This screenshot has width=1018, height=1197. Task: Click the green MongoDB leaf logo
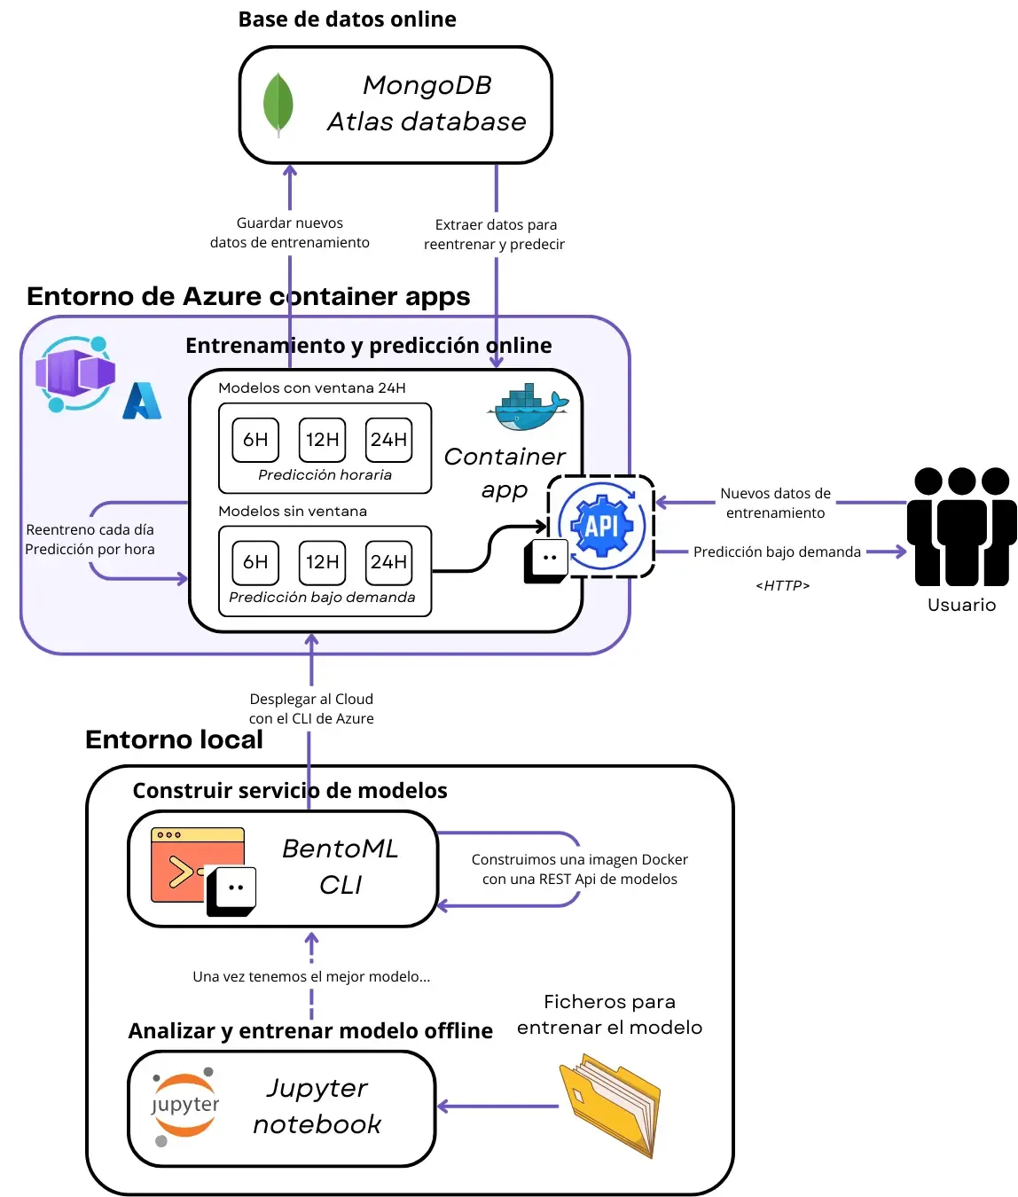[278, 105]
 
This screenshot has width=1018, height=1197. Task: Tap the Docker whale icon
[528, 408]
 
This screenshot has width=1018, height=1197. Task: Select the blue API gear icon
[602, 525]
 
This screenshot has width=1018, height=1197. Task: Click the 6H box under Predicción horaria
[255, 440]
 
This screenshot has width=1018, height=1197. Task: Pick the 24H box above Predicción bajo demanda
[389, 562]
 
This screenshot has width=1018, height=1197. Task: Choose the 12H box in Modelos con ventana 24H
[322, 440]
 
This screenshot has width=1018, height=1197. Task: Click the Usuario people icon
[961, 527]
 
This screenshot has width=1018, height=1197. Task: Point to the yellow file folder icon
[611, 1104]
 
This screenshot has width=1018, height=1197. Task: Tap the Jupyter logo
[184, 1106]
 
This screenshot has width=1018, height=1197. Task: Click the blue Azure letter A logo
[142, 401]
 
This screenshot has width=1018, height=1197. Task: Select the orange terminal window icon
[198, 865]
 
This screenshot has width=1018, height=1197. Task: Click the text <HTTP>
[782, 585]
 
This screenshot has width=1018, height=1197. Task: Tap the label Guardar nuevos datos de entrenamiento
[289, 233]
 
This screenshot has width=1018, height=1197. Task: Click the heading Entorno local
[174, 739]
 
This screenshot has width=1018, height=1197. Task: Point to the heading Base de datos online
[347, 20]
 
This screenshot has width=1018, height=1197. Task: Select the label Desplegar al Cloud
[311, 700]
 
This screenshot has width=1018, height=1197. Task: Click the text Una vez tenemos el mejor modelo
[311, 976]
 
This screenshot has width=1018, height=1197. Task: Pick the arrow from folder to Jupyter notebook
[497, 1106]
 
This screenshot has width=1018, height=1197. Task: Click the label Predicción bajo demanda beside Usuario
[777, 552]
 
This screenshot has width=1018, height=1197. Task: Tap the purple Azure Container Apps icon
[75, 373]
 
